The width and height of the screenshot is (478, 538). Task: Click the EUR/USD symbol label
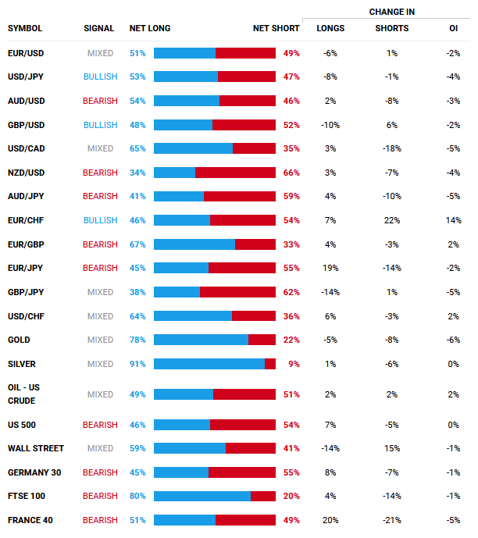25,53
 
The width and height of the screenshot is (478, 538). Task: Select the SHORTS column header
391,29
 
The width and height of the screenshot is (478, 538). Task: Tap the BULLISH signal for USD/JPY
100,77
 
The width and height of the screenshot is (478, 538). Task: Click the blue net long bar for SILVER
209,364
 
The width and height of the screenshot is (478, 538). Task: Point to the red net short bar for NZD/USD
235,173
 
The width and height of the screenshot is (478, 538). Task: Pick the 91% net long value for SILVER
137,364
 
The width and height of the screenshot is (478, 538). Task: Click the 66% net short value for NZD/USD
291,173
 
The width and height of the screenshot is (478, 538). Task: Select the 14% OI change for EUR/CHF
454,220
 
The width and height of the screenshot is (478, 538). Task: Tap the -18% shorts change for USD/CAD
391,148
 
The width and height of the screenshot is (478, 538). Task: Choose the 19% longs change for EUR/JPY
330,268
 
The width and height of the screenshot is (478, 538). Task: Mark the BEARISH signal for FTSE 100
100,496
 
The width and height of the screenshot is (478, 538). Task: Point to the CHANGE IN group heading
392,12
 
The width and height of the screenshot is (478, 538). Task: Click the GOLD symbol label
19,340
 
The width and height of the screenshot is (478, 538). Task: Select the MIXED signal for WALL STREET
100,448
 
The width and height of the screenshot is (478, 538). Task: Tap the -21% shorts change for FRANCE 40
391,520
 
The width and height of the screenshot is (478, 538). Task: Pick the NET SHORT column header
276,29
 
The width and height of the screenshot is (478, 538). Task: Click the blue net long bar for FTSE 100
202,496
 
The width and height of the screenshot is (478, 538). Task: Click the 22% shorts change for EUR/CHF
391,220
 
